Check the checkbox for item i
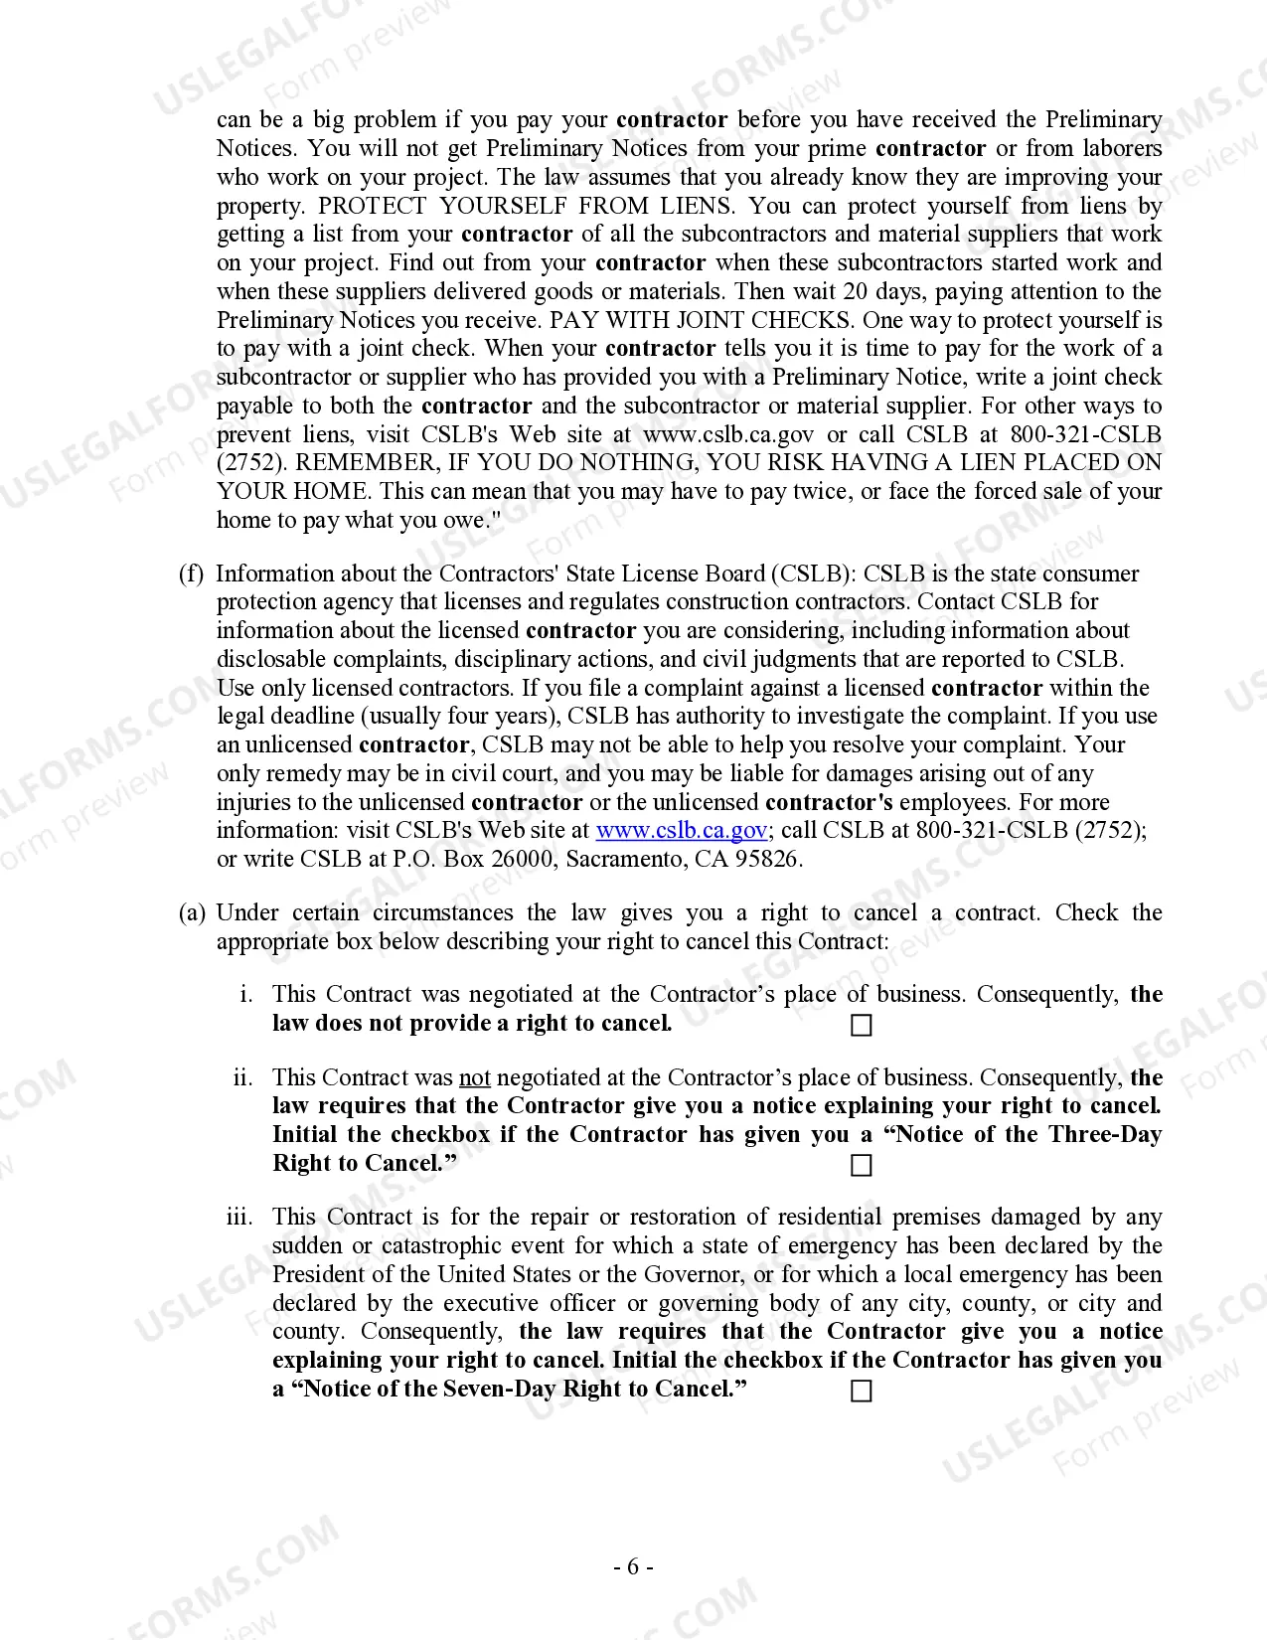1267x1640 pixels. (862, 1025)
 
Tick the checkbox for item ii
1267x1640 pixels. (862, 1165)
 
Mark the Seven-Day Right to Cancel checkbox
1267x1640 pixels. (862, 1391)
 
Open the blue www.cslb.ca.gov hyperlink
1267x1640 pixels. (681, 830)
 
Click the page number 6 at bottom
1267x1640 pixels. (633, 1567)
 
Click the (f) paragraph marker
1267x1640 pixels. (191, 574)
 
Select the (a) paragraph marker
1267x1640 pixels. (192, 912)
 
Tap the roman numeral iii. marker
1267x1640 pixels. (239, 1217)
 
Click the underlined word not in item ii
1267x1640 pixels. (475, 1077)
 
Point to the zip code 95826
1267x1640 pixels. (767, 859)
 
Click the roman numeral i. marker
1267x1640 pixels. (247, 994)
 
